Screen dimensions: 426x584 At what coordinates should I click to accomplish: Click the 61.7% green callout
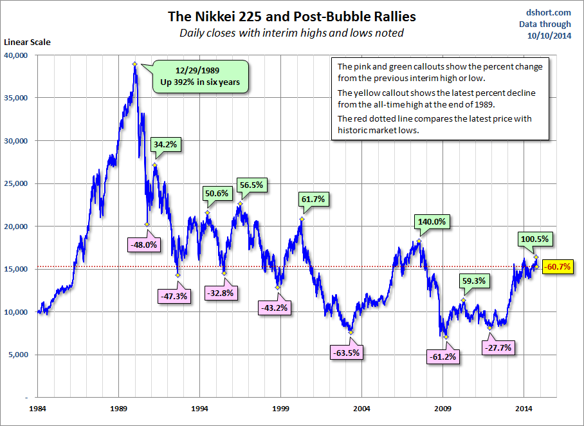[314, 199]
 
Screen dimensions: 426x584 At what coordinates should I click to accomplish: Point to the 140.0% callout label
[431, 222]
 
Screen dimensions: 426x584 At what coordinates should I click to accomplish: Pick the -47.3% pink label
[172, 297]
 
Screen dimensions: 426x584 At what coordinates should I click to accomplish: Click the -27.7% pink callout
[499, 347]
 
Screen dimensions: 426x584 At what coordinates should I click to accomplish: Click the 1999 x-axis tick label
[280, 408]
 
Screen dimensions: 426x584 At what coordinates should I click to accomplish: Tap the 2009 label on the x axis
[443, 408]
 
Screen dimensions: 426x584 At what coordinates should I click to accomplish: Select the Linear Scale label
[28, 42]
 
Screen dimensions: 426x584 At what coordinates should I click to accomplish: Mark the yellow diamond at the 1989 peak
[134, 64]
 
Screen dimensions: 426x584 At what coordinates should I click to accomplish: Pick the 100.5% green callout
[534, 239]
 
